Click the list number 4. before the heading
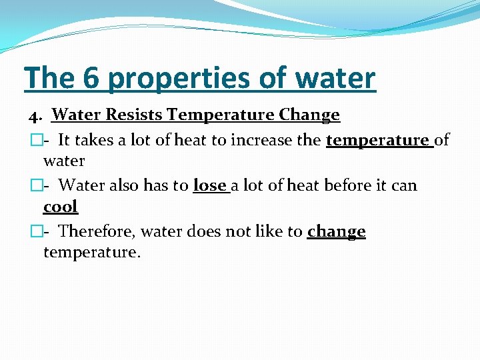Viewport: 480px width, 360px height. pos(36,116)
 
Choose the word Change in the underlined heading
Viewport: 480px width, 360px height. pos(309,115)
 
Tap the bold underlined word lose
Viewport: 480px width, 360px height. pos(210,185)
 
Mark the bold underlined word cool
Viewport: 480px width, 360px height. pos(61,207)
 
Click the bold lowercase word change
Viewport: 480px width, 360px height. pos(336,231)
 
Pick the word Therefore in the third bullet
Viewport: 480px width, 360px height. pos(97,231)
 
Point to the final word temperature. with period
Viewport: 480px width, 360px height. pos(92,253)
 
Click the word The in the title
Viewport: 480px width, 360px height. pos(49,78)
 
